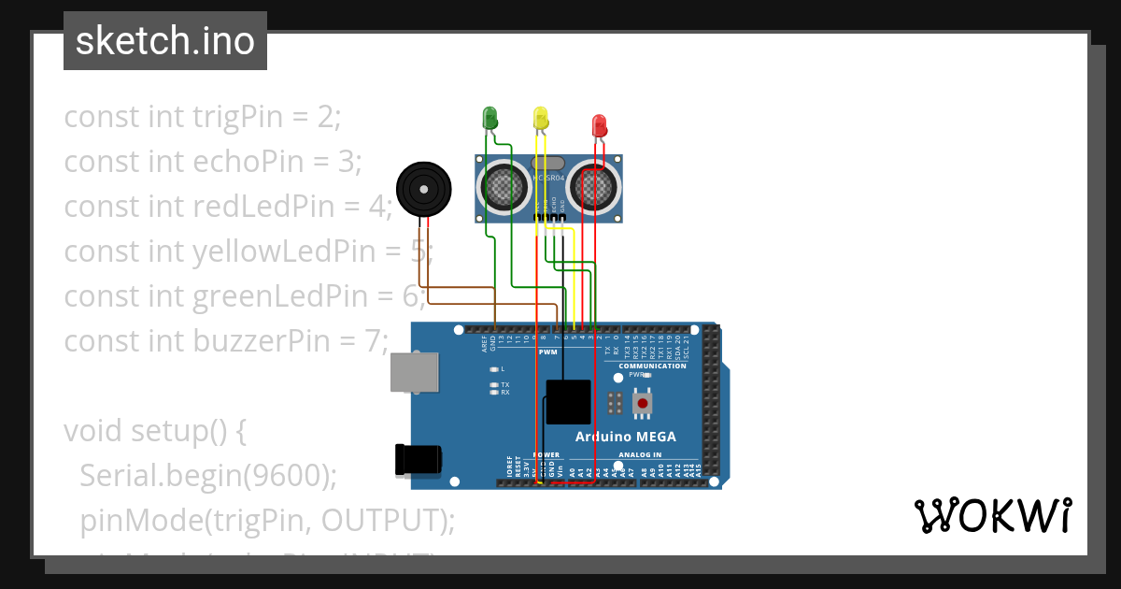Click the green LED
pos(490,117)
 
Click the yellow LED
pos(540,117)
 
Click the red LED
pos(600,124)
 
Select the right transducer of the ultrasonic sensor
pos(595,185)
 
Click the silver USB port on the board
pos(414,372)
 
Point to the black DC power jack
pos(417,458)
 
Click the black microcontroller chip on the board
pos(568,402)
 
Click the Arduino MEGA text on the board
pos(625,437)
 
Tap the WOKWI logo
pos(992,515)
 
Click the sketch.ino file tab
pos(165,41)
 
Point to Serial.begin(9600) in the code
pos(207,475)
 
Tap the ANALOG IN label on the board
pos(639,455)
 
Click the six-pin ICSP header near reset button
pos(615,403)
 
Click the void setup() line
pos(154,431)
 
